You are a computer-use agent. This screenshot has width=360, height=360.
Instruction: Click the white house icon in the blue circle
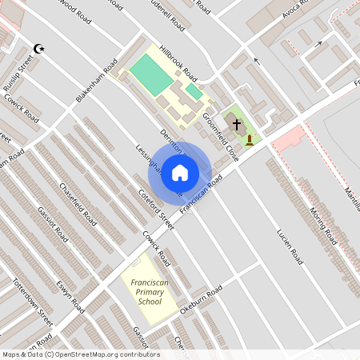coord(180,172)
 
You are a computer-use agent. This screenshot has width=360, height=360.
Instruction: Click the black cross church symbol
coord(237,123)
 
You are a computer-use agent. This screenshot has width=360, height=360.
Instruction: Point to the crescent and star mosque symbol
coord(38,49)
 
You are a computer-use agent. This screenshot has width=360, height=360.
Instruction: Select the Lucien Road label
coord(290,247)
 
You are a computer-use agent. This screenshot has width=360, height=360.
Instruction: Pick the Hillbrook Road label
coord(178,62)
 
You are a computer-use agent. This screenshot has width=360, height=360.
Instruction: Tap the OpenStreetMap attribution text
coord(80,354)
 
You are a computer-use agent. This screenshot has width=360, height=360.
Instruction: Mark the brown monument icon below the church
coord(250,140)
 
